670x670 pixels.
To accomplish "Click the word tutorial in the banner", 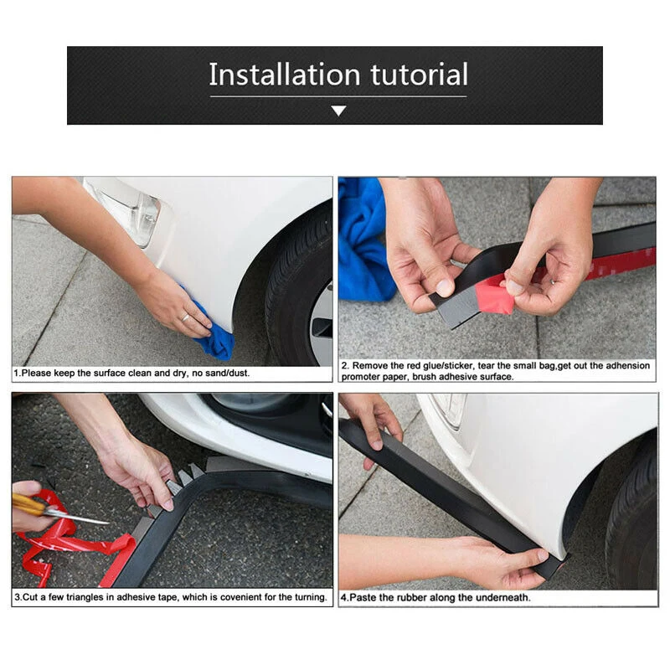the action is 420,75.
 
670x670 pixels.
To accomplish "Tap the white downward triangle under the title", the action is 338,111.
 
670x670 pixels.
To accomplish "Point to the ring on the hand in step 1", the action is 185,317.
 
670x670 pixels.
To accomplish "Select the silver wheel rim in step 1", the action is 322,326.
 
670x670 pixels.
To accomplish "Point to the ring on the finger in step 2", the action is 552,281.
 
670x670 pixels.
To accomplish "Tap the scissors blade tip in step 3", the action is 109,522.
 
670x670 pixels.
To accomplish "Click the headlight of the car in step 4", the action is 449,410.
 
